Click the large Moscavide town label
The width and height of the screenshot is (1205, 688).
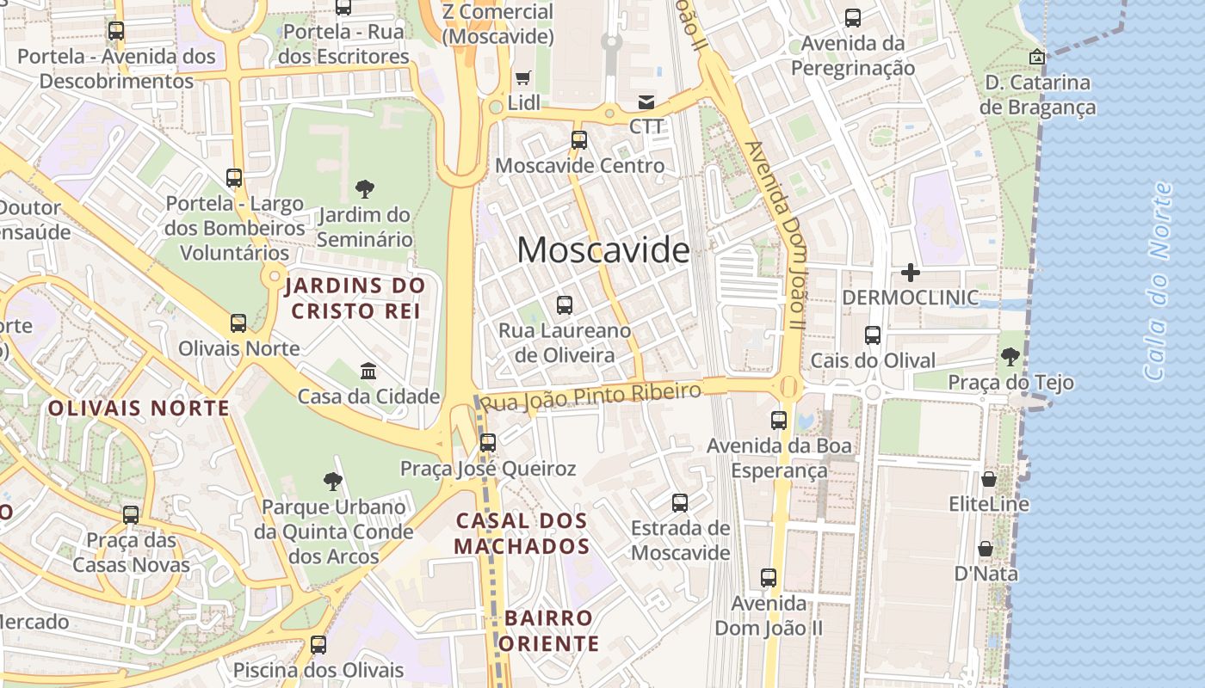[603, 250]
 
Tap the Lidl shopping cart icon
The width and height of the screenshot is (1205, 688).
[522, 77]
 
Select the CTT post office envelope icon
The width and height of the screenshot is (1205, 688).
[646, 101]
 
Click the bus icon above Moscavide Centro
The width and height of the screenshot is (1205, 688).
[579, 139]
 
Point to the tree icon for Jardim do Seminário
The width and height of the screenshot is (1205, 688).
[364, 189]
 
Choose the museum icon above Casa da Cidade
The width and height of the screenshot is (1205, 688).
[368, 371]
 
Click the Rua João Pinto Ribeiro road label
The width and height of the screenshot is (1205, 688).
[590, 396]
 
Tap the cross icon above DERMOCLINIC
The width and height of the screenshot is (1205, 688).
[910, 273]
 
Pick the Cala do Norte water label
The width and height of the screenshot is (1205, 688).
[1159, 281]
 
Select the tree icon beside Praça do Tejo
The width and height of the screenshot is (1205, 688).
[1010, 356]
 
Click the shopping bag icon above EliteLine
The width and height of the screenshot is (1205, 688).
[989, 478]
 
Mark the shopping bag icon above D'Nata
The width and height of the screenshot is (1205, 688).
[986, 549]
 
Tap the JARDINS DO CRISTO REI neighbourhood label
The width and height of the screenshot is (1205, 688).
[355, 298]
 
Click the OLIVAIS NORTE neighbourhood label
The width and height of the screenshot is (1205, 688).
[139, 408]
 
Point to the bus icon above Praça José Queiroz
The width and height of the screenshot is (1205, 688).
[488, 443]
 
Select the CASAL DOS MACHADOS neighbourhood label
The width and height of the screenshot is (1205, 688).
[522, 533]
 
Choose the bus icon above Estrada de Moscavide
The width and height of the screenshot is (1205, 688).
[680, 502]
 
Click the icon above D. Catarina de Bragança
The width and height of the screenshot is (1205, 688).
[1037, 57]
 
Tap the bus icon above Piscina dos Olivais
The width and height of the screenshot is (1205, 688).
[318, 644]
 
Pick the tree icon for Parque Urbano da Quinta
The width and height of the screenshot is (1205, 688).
[333, 482]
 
